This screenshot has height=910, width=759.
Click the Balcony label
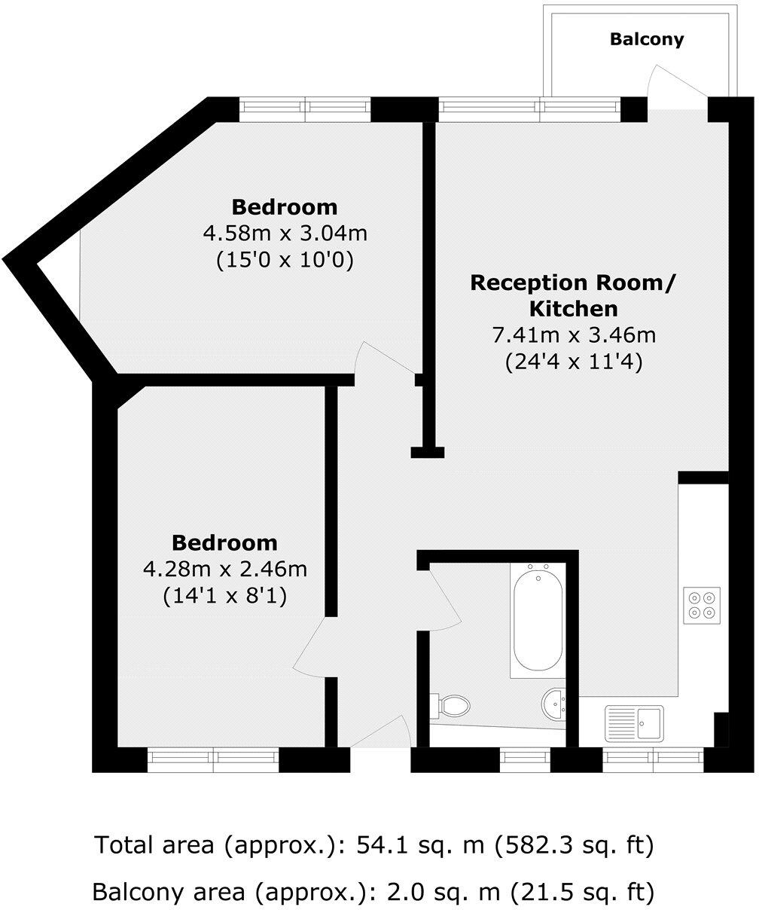pyautogui.click(x=647, y=39)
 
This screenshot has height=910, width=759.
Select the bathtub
pyautogui.click(x=536, y=619)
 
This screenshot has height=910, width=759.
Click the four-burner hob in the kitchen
pyautogui.click(x=702, y=604)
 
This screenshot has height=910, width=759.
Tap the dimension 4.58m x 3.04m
pyautogui.click(x=285, y=234)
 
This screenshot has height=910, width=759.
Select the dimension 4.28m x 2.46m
pyautogui.click(x=225, y=570)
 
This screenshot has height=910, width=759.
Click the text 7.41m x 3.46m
pyautogui.click(x=572, y=335)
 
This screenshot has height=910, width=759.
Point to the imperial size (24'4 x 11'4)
pyautogui.click(x=572, y=362)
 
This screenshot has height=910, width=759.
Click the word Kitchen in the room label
pyautogui.click(x=574, y=309)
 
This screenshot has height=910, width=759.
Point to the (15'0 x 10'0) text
pyautogui.click(x=285, y=261)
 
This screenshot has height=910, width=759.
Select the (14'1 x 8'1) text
pyautogui.click(x=225, y=597)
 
